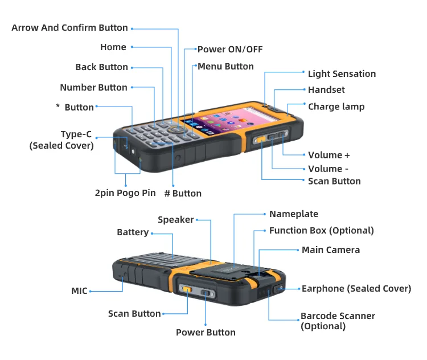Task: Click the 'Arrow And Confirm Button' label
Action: point(69,28)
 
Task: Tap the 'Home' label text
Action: point(113,47)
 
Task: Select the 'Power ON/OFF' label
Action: point(230,50)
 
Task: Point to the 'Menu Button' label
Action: point(225,67)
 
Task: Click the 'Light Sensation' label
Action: point(342,73)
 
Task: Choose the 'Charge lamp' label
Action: point(336,107)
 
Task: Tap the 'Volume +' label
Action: point(329,155)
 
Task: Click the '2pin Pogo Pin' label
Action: point(125,193)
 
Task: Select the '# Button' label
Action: point(183,194)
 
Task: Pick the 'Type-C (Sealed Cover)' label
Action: point(62,140)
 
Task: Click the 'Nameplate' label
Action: point(293,214)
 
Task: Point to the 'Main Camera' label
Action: point(331,249)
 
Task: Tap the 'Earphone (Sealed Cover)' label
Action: point(356,289)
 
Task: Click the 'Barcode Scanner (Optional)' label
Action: point(337,321)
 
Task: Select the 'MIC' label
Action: point(79,291)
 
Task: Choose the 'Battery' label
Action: point(133,232)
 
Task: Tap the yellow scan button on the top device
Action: point(260,138)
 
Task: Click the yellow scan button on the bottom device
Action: point(187,289)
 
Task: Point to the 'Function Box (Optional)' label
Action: point(321,231)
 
